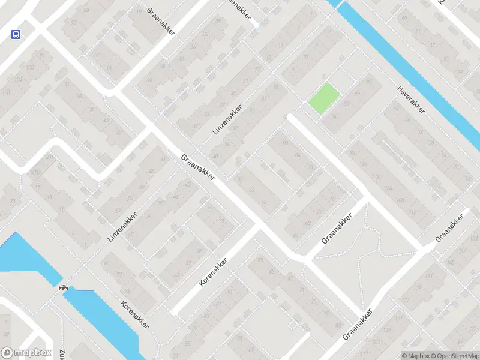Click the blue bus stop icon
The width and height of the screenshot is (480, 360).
[x=16, y=34]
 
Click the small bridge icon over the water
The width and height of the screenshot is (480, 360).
[x=62, y=287]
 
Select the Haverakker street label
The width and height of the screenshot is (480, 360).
[x=411, y=99]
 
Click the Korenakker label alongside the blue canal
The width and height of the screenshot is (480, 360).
[x=134, y=314]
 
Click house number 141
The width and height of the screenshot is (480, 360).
[x=428, y=275]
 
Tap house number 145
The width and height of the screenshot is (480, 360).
[x=451, y=263]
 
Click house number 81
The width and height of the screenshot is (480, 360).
[x=107, y=263]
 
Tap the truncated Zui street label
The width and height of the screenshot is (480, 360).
[x=62, y=354]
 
